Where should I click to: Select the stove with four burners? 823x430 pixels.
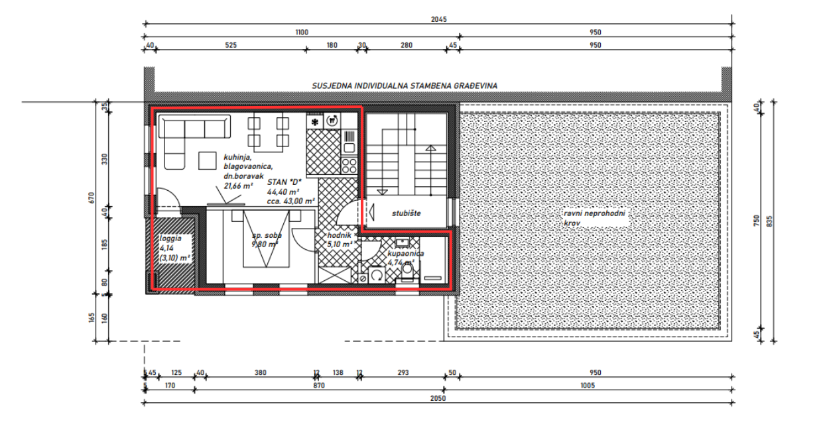click(x=349, y=164)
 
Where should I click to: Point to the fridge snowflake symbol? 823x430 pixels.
click(x=315, y=121)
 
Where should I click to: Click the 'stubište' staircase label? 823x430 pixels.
click(x=405, y=213)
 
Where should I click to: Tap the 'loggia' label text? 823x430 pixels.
click(x=170, y=239)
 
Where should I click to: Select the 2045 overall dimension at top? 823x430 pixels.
click(x=438, y=19)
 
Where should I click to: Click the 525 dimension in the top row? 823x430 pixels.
click(x=230, y=45)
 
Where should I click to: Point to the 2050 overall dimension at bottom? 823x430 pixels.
click(x=438, y=398)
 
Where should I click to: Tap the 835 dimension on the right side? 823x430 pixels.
click(x=769, y=222)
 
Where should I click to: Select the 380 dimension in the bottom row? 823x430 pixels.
click(x=260, y=373)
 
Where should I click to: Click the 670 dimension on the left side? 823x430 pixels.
click(x=92, y=197)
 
